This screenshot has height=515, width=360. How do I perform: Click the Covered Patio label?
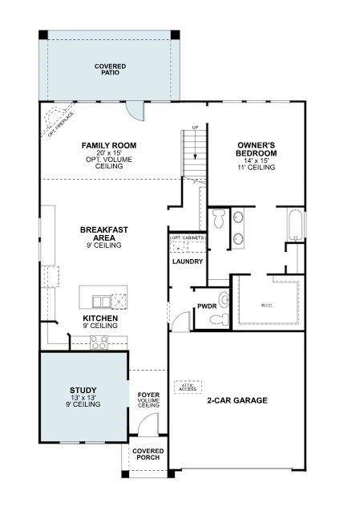point(111,69)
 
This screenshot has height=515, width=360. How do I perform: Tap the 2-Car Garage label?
point(237,400)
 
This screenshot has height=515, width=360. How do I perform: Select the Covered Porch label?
point(148,456)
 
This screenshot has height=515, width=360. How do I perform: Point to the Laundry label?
point(188,262)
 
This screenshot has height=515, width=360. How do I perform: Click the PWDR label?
point(207,306)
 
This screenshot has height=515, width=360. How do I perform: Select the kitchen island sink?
point(101,302)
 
